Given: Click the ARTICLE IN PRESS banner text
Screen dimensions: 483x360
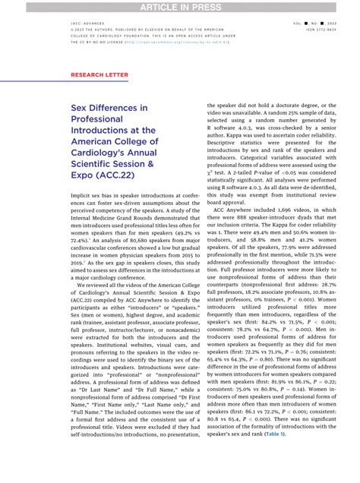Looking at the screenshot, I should click(x=180, y=6).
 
